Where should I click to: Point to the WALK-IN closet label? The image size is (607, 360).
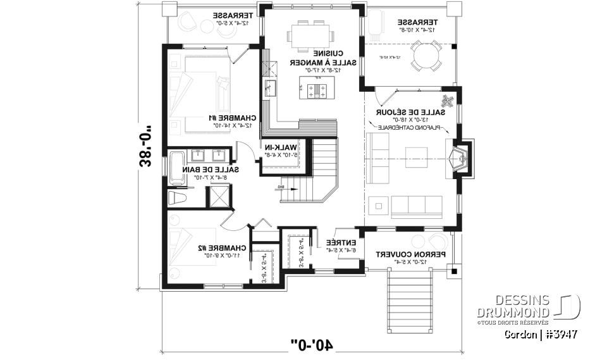(285, 147)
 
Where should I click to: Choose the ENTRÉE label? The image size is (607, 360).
(341, 242)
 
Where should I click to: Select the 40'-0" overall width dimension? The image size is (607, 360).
(313, 345)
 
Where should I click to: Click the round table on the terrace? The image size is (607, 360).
(424, 55)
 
